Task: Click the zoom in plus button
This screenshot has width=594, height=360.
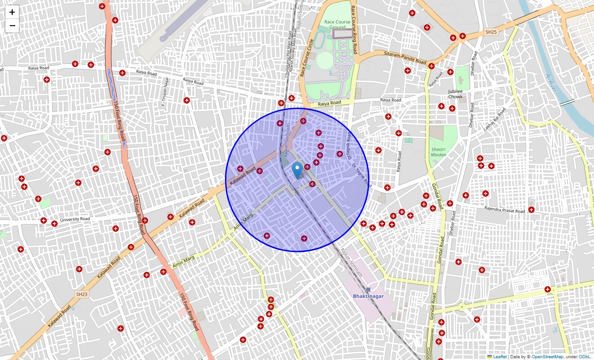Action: (x=12, y=12)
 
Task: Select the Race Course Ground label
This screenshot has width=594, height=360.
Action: (x=337, y=24)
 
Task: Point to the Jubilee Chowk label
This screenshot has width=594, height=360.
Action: (x=455, y=94)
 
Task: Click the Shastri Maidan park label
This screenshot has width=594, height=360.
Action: (x=438, y=152)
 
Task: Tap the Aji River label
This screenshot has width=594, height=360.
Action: (x=551, y=82)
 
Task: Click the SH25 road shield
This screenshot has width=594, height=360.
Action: (x=491, y=32)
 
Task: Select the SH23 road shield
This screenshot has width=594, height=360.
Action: (x=81, y=294)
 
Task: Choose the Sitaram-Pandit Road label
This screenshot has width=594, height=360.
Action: (x=405, y=57)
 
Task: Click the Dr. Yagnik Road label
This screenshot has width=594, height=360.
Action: (x=362, y=175)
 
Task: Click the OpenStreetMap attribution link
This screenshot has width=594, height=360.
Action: (x=547, y=357)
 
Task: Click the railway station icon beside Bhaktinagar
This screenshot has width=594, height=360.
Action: (x=368, y=289)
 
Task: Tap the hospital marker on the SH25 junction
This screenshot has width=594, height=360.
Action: (x=462, y=36)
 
